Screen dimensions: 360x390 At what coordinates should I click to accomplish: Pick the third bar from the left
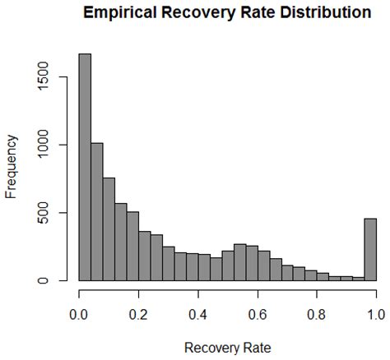(x=109, y=229)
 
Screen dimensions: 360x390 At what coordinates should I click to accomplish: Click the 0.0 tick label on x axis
(x=79, y=313)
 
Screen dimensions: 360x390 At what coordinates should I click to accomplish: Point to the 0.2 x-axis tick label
(x=138, y=313)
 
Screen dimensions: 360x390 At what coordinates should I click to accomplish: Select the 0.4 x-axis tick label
(x=197, y=313)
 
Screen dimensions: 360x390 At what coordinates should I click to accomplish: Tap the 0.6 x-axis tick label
(x=258, y=313)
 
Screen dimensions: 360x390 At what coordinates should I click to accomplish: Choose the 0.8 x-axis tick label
(x=317, y=313)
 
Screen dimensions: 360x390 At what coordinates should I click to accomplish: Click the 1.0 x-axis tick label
(x=376, y=313)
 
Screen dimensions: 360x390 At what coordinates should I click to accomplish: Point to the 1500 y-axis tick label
(x=53, y=78)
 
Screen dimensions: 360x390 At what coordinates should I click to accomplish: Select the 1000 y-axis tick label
(x=53, y=145)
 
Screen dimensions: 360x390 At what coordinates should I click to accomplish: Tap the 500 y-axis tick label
(x=53, y=214)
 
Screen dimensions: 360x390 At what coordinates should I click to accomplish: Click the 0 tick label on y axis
(x=53, y=281)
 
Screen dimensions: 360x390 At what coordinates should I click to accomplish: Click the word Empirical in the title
(x=132, y=13)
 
